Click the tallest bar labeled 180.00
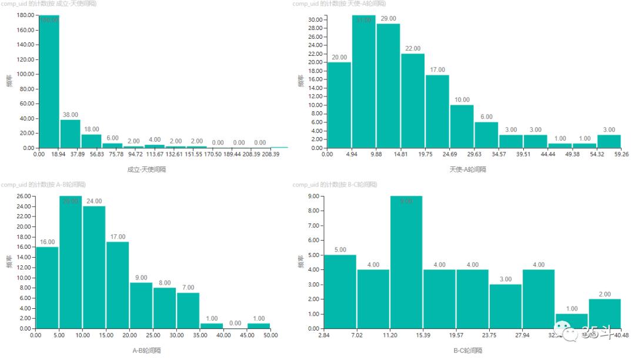(49, 82)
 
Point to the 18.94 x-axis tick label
(60, 155)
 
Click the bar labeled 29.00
(388, 86)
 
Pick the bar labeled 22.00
(413, 101)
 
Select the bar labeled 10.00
(462, 126)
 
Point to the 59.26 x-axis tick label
(621, 155)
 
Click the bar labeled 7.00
(188, 311)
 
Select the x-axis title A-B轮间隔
(145, 351)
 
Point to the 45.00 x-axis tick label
(248, 335)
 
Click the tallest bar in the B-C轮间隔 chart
(406, 262)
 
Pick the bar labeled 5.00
(340, 292)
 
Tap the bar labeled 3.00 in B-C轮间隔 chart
(506, 306)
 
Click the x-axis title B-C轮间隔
(467, 351)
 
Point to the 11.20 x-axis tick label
(390, 335)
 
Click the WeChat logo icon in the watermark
(564, 333)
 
